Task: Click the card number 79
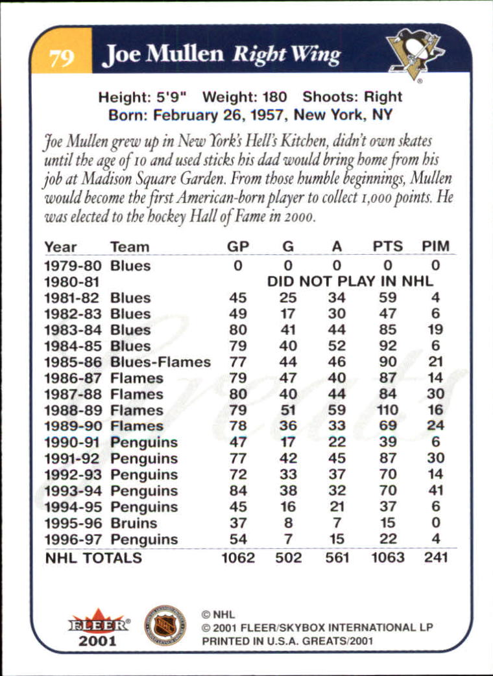point(62,58)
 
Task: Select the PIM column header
point(435,246)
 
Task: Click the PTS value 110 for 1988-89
point(388,410)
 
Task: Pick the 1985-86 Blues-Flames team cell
point(160,362)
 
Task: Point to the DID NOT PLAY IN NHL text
point(350,281)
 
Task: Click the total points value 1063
point(388,557)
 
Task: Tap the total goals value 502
point(288,557)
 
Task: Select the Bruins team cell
point(134,522)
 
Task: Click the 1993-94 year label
point(75,491)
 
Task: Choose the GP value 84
point(238,491)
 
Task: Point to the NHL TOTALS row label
point(93,557)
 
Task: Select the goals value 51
point(288,410)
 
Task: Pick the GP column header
point(238,246)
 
